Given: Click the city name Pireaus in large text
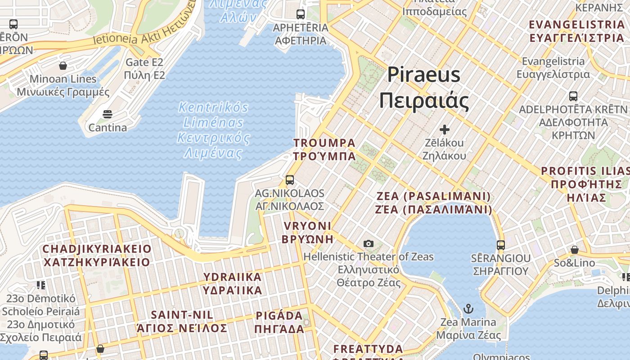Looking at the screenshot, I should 424,75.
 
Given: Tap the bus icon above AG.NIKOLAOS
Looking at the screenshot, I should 290,180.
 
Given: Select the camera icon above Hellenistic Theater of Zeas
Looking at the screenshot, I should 369,244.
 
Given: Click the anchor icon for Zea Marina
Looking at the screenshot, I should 468,309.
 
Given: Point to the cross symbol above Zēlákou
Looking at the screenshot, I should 445,130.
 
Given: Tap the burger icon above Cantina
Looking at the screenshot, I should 107,114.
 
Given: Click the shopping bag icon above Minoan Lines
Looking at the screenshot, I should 63,66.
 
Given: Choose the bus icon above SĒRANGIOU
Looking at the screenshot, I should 501,245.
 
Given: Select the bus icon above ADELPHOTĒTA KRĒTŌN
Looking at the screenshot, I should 573,96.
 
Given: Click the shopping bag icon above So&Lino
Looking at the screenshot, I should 574,249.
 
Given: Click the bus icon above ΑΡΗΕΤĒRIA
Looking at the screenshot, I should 301,14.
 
